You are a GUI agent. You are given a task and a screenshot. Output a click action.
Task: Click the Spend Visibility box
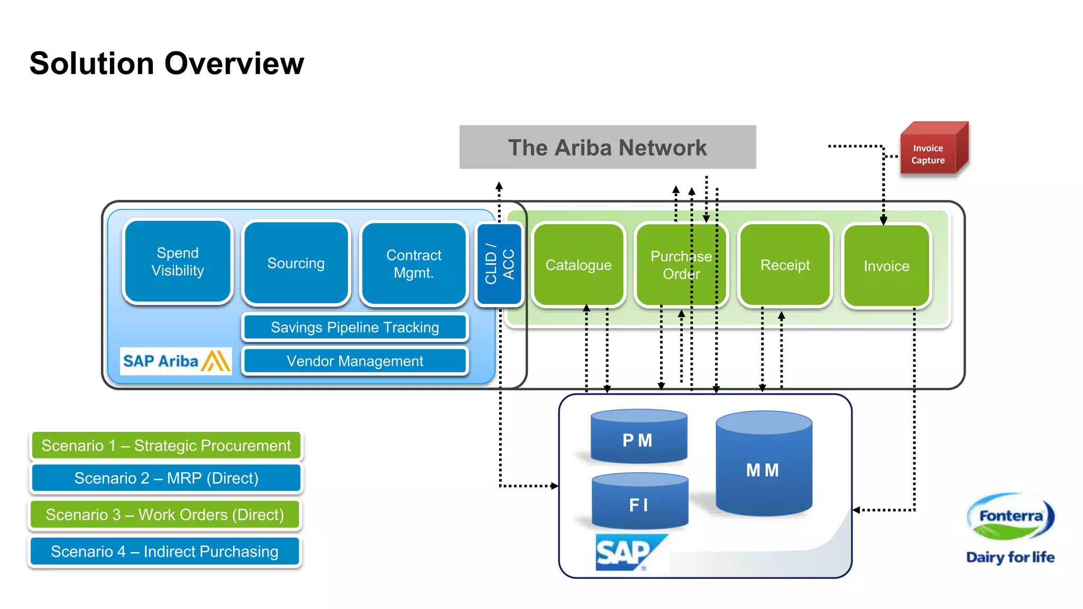[x=178, y=262]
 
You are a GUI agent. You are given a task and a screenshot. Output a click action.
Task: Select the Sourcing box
[x=296, y=263]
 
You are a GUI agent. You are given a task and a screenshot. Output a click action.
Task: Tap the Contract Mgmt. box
[x=414, y=264]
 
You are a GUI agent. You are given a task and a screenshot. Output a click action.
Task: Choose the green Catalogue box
[x=579, y=265]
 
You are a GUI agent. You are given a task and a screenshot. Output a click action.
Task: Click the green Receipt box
[x=785, y=265]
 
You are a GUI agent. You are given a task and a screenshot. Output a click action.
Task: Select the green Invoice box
[x=886, y=266]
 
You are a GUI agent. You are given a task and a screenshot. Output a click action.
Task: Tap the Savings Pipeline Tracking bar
[x=355, y=327]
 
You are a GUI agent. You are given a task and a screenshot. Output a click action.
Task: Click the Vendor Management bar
[x=355, y=361]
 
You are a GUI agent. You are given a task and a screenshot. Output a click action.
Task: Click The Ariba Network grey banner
[x=607, y=147]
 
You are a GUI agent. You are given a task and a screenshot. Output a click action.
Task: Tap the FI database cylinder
[x=639, y=502]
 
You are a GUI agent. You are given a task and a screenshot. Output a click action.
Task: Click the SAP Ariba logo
[x=176, y=361]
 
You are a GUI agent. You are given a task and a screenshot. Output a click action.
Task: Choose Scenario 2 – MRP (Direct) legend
[x=166, y=478]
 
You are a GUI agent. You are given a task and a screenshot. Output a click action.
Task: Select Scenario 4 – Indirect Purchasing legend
[x=164, y=551]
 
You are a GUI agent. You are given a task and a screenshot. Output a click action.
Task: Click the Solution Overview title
[x=167, y=63]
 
